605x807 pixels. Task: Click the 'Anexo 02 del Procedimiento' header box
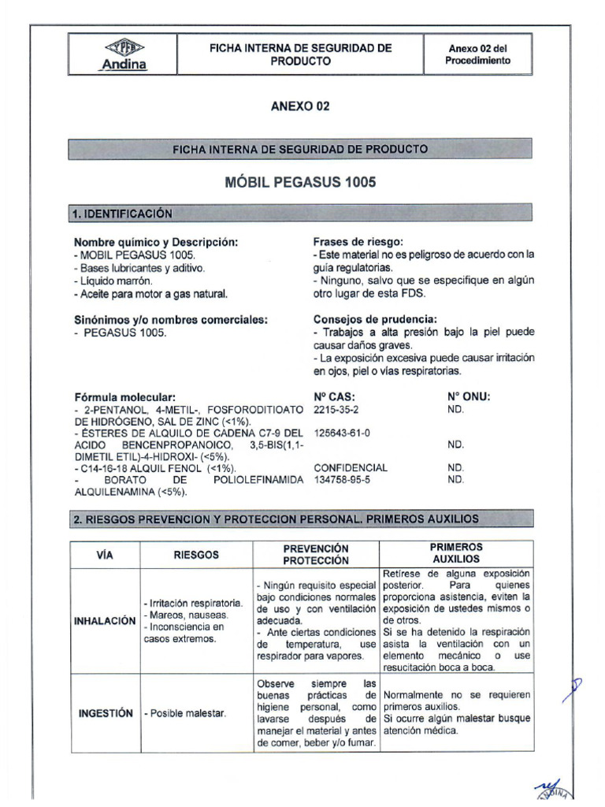477,54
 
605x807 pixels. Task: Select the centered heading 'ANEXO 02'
300,107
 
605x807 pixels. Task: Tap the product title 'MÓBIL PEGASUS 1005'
300,183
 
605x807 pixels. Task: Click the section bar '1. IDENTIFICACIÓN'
122,214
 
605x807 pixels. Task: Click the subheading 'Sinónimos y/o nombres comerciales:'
171,319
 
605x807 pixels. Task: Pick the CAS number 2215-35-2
336,410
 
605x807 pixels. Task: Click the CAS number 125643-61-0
342,433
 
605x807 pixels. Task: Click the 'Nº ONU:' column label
469,397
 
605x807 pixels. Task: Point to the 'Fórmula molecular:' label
124,397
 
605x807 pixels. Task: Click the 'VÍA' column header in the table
105,555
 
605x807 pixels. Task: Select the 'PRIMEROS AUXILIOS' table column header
456,553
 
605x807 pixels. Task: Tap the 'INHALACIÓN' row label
105,621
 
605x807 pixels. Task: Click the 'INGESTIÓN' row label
105,713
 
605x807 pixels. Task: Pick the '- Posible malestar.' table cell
185,713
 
